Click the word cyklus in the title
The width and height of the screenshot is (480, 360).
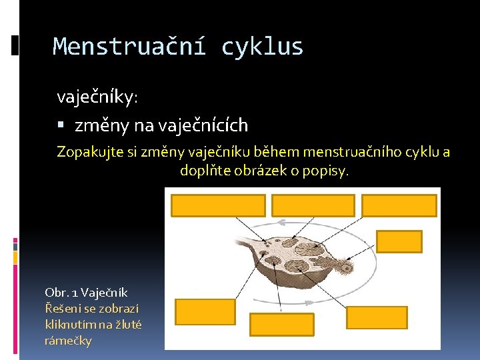(262, 47)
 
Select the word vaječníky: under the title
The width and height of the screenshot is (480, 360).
(97, 97)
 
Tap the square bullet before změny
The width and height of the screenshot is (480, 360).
(61, 125)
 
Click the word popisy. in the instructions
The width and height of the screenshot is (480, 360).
(326, 171)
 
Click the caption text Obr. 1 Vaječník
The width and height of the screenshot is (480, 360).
(86, 293)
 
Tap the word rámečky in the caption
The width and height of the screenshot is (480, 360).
(68, 341)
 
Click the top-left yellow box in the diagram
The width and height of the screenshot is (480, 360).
(218, 205)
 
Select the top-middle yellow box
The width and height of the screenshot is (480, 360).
(313, 205)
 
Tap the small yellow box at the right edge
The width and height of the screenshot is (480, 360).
(399, 241)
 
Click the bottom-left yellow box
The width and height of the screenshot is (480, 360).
(196, 311)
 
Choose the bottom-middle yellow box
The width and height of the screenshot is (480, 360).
(281, 324)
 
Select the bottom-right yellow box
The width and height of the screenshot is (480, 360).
(376, 317)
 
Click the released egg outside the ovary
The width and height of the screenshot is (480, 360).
(346, 267)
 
